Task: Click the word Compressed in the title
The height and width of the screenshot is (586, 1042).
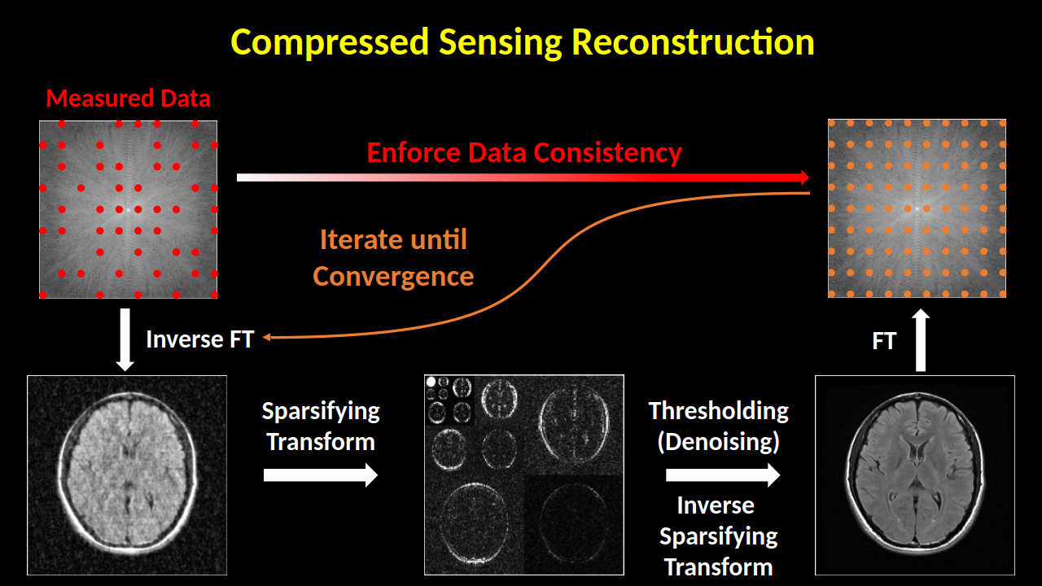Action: click(330, 42)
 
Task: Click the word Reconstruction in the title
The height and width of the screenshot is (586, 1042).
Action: click(693, 42)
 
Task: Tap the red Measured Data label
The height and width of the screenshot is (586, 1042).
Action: click(129, 98)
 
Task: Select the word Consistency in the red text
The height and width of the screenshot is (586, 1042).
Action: click(607, 153)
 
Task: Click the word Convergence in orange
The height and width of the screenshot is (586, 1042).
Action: click(393, 277)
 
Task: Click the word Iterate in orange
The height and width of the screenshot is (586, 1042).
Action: click(361, 239)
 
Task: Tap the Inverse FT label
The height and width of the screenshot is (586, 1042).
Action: click(200, 339)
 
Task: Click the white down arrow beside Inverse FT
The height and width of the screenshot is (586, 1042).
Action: click(125, 339)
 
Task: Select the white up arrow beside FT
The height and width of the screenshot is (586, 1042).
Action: click(921, 340)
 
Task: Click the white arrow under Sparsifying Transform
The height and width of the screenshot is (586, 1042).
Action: click(321, 474)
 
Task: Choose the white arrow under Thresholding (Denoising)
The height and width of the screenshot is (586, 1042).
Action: click(723, 474)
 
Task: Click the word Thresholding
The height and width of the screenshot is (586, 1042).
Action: click(719, 412)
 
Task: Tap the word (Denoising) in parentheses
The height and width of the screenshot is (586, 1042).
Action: click(719, 442)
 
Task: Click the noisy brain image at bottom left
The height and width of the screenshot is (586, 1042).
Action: click(127, 475)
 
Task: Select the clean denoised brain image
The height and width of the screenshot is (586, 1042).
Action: click(915, 475)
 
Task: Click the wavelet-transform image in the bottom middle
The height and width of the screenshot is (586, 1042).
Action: click(524, 474)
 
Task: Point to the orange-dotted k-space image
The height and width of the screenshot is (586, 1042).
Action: click(917, 208)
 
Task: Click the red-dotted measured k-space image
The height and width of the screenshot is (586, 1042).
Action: click(128, 209)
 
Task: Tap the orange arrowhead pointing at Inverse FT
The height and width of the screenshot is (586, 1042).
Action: click(266, 337)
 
